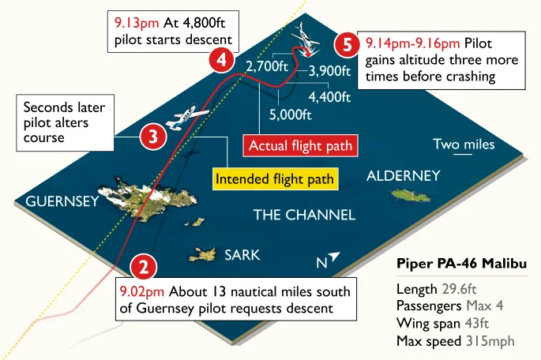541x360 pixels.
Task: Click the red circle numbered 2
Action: click(x=143, y=268)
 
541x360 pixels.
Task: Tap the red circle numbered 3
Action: click(x=152, y=137)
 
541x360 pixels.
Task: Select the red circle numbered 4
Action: click(x=221, y=60)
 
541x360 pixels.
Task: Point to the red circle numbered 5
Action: click(x=344, y=45)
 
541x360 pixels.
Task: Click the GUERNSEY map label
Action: click(x=62, y=201)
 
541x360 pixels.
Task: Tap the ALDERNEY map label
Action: click(x=403, y=175)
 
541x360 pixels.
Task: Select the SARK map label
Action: click(x=242, y=255)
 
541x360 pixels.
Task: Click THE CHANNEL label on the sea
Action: click(x=304, y=215)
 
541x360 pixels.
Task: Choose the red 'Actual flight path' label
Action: click(x=300, y=146)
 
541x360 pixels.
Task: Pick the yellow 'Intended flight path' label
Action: click(x=276, y=178)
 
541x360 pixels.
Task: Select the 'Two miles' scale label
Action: click(x=464, y=144)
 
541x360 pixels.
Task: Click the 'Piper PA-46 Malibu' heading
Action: click(x=462, y=263)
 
